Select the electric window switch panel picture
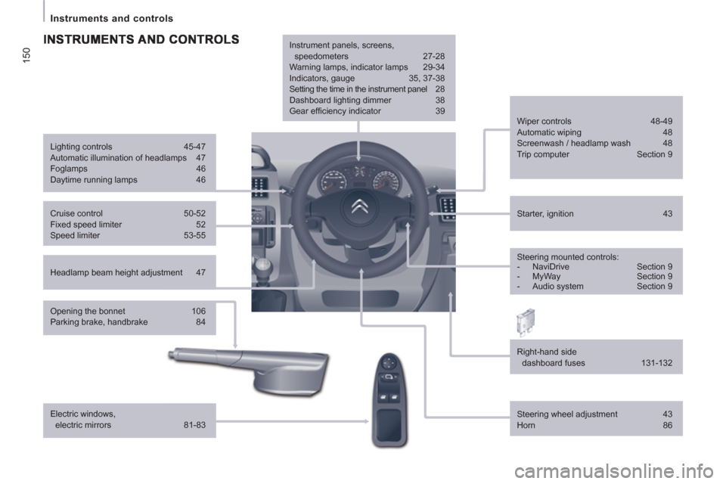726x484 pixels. coord(389,399)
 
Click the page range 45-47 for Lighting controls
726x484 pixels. coord(194,147)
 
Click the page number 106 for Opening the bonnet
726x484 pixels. coord(198,311)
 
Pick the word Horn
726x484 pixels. coord(526,427)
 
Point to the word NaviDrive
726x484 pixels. coord(551,266)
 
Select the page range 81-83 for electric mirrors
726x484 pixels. coord(194,425)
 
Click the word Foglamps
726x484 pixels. coord(68,169)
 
